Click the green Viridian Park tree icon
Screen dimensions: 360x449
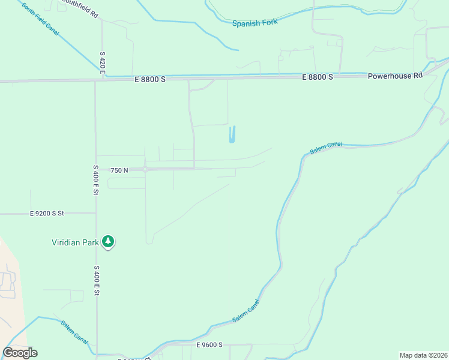point(109,242)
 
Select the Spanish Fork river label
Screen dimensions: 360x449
point(256,23)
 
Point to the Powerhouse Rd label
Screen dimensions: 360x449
point(395,76)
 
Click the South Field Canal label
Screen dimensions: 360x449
point(40,18)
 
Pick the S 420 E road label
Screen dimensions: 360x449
point(103,63)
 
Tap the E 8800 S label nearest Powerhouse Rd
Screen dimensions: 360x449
point(318,77)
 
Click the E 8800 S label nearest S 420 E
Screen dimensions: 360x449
point(150,79)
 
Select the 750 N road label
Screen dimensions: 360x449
point(119,170)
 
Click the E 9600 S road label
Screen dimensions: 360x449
point(209,345)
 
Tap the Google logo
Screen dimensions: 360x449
point(20,353)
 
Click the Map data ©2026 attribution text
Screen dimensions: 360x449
point(423,355)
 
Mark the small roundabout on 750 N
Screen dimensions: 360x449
point(145,170)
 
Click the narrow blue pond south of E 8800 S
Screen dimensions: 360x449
point(232,134)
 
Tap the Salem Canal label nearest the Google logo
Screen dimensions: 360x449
point(74,332)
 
